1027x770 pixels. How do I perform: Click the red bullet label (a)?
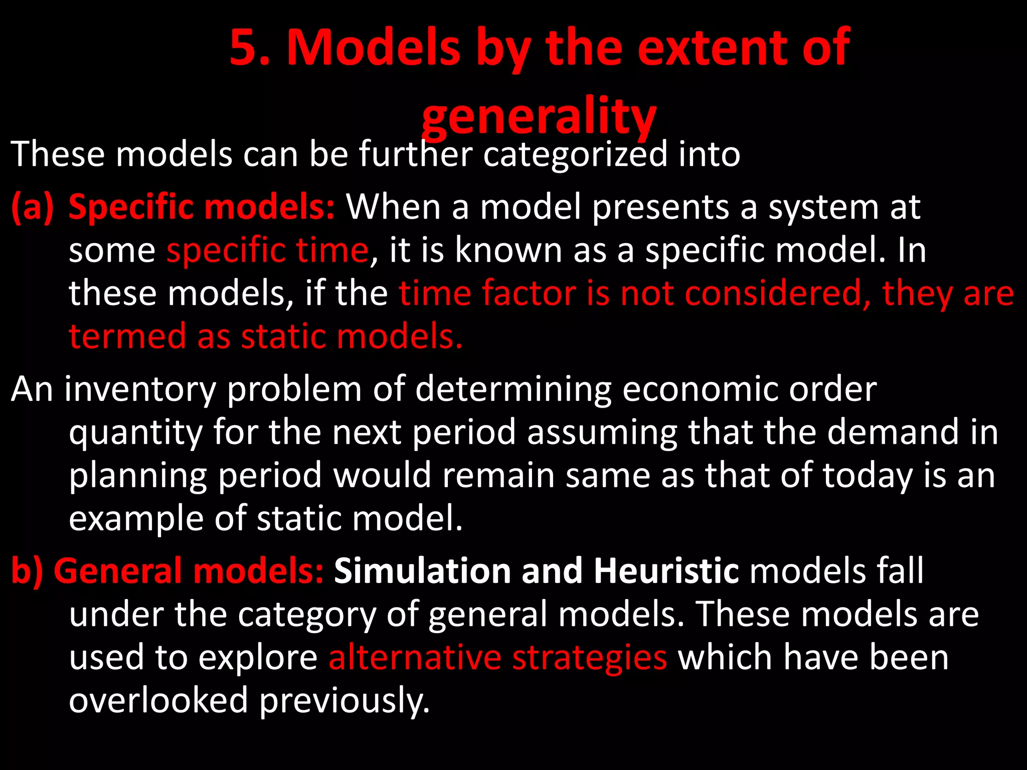tap(33, 208)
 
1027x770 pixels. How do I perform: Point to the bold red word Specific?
tap(128, 208)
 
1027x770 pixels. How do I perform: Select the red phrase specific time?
tap(267, 250)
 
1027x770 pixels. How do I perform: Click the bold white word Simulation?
tap(422, 571)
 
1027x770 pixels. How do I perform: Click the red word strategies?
tap(589, 657)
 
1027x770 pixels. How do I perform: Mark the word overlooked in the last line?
tap(158, 700)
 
